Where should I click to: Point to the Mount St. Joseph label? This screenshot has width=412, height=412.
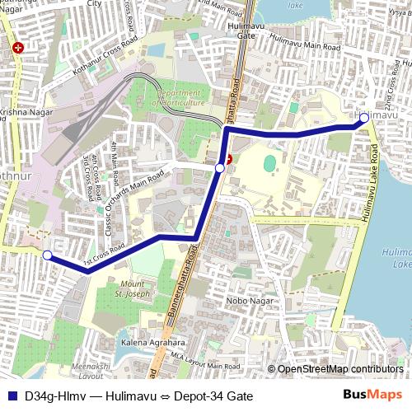pos(130,288)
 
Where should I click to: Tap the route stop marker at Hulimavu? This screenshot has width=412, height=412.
pos(364,118)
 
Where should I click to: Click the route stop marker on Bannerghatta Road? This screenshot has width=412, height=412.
pos(219,167)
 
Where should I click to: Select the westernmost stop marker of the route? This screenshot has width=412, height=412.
pos(48,255)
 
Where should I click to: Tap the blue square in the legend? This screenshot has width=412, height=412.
pos(12,396)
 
